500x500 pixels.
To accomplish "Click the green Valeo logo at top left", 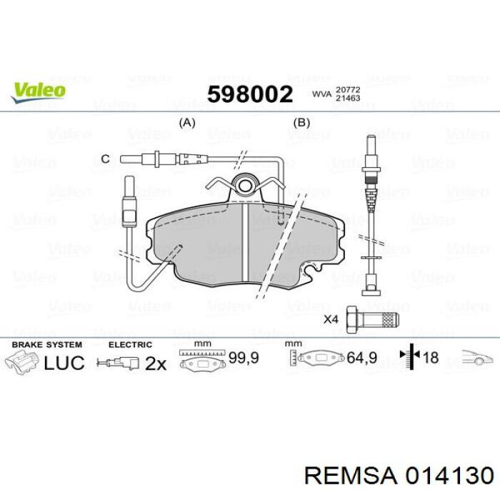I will pyautogui.click(x=38, y=91).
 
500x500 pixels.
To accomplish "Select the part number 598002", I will pyautogui.click(x=249, y=94).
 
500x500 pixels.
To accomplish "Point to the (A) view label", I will pyautogui.click(x=186, y=122).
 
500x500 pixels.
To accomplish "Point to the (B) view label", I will pyautogui.click(x=302, y=122).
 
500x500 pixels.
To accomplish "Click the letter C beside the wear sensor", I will pyautogui.click(x=105, y=159).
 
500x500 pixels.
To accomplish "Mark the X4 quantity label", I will pyautogui.click(x=330, y=319).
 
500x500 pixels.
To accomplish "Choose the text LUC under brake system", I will pyautogui.click(x=64, y=363).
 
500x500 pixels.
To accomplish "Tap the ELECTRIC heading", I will pyautogui.click(x=129, y=344).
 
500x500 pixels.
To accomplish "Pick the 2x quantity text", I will pyautogui.click(x=155, y=364).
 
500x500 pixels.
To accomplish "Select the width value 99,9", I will pyautogui.click(x=243, y=357).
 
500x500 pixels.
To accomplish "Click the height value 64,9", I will pyautogui.click(x=361, y=357).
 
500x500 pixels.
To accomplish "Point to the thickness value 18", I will pyautogui.click(x=430, y=357).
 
